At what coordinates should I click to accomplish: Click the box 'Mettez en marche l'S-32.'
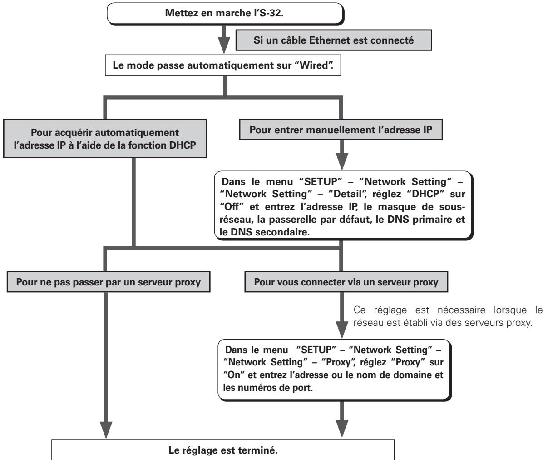coord(225,14)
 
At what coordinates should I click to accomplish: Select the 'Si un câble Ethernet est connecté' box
coord(334,40)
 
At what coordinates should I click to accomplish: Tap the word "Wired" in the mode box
coord(314,65)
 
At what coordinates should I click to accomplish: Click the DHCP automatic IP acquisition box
coord(105,139)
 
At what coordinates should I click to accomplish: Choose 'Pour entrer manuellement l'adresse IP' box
coord(341,130)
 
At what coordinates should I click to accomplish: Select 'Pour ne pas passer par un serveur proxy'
coord(109,282)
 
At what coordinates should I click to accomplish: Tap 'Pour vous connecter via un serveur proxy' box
coord(346,282)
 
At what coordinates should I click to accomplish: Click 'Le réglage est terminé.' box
coord(223,450)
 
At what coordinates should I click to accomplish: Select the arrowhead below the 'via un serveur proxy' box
coord(342,330)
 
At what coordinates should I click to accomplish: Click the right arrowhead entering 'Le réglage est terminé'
coord(342,429)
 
